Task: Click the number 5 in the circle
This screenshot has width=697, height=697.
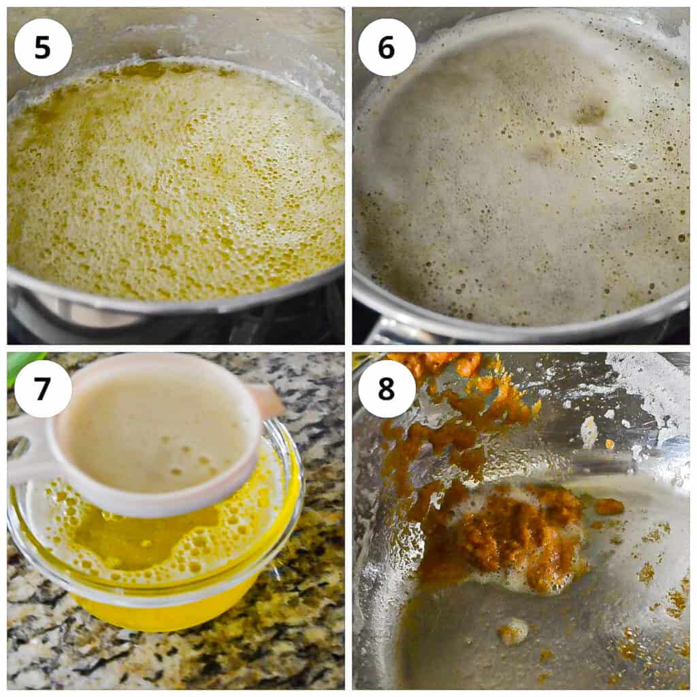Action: click(x=43, y=47)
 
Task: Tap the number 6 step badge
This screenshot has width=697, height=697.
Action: click(x=387, y=47)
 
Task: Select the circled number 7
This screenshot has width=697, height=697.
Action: click(x=43, y=389)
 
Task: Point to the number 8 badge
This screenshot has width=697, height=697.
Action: click(x=387, y=389)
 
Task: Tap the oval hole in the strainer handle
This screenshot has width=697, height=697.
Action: click(x=18, y=447)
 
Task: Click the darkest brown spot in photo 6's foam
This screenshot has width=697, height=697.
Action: click(x=590, y=112)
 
